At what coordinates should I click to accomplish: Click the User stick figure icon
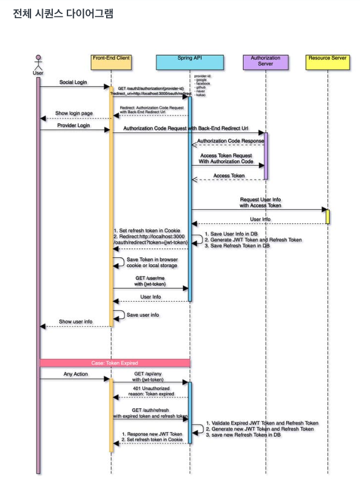tap(38, 62)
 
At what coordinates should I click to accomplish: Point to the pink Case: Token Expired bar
tap(115, 363)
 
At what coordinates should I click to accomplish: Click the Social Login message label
tap(73, 83)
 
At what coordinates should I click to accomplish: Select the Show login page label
tap(74, 113)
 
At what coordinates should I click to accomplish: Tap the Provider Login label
tap(73, 125)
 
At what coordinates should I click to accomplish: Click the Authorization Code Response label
tap(229, 141)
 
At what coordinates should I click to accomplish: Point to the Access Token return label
tap(229, 176)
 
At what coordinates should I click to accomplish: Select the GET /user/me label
tap(150, 281)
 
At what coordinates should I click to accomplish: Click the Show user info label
tap(76, 322)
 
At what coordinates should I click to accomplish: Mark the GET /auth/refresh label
tap(150, 413)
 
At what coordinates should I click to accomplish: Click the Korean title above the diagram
tap(63, 13)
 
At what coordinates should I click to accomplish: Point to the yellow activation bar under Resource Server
tap(327, 216)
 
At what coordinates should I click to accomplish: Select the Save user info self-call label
tap(143, 315)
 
